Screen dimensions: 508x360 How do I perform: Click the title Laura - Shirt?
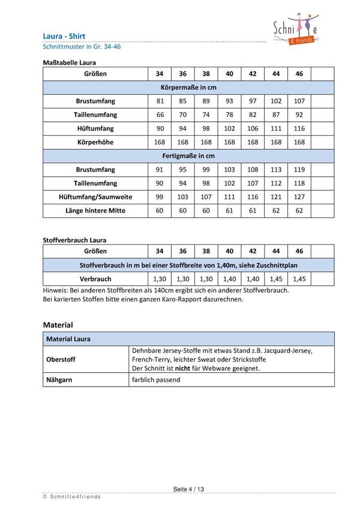pos(64,36)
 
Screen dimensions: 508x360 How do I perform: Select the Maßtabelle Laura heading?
pos(70,62)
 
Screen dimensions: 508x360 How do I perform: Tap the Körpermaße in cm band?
pos(188,88)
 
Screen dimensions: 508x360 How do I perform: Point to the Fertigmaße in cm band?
pos(188,156)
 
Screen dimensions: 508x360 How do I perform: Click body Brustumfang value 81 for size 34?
pos(160,101)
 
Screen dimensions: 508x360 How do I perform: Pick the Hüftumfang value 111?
pos(276,129)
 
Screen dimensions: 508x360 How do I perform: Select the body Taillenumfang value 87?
pos(276,115)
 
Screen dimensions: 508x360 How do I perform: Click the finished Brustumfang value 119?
pos(299,170)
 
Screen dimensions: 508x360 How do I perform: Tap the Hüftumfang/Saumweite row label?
pos(95,197)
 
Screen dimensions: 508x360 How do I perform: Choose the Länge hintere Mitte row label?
pos(95,211)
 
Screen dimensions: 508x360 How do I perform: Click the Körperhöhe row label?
pos(95,142)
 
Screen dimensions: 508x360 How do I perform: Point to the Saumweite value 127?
pos(299,197)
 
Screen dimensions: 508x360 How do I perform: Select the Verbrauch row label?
pos(95,279)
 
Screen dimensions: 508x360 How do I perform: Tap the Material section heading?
pos(58,325)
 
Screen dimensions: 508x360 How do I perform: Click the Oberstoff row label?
pos(62,359)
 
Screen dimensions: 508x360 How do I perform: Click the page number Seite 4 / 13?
pos(188,489)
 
